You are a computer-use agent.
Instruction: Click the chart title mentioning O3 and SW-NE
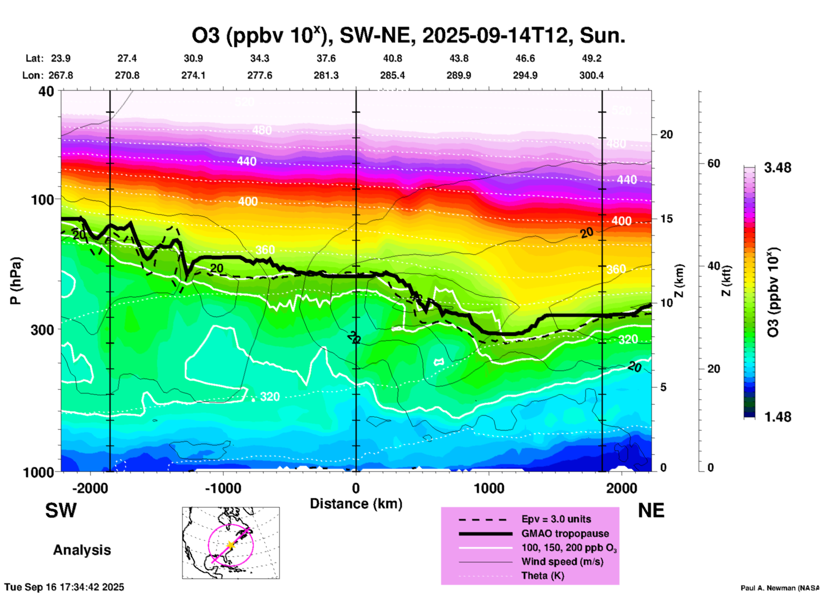click(x=408, y=36)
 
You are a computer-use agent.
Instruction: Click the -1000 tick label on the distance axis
click(x=223, y=488)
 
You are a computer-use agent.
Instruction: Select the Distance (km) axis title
click(x=356, y=504)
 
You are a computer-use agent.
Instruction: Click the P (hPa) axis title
click(x=16, y=280)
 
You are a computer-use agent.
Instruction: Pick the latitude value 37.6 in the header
click(x=326, y=58)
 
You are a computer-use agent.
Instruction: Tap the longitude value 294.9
click(x=525, y=75)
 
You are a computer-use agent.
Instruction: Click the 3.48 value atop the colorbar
click(x=777, y=168)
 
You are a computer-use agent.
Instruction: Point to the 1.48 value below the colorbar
click(x=777, y=416)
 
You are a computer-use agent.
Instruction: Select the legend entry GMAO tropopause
click(x=565, y=533)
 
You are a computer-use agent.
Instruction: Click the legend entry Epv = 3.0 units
click(x=556, y=519)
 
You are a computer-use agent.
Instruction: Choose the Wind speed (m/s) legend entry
click(x=562, y=562)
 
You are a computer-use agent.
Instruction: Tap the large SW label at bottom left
click(x=61, y=510)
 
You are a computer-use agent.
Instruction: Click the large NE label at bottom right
click(x=651, y=510)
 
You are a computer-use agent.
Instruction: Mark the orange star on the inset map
click(x=230, y=545)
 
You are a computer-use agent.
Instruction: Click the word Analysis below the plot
click(x=82, y=550)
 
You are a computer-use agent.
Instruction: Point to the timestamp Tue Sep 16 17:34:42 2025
click(x=64, y=587)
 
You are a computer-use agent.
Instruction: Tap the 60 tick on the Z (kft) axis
click(x=714, y=163)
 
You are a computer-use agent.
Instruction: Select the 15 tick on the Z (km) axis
click(x=666, y=219)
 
